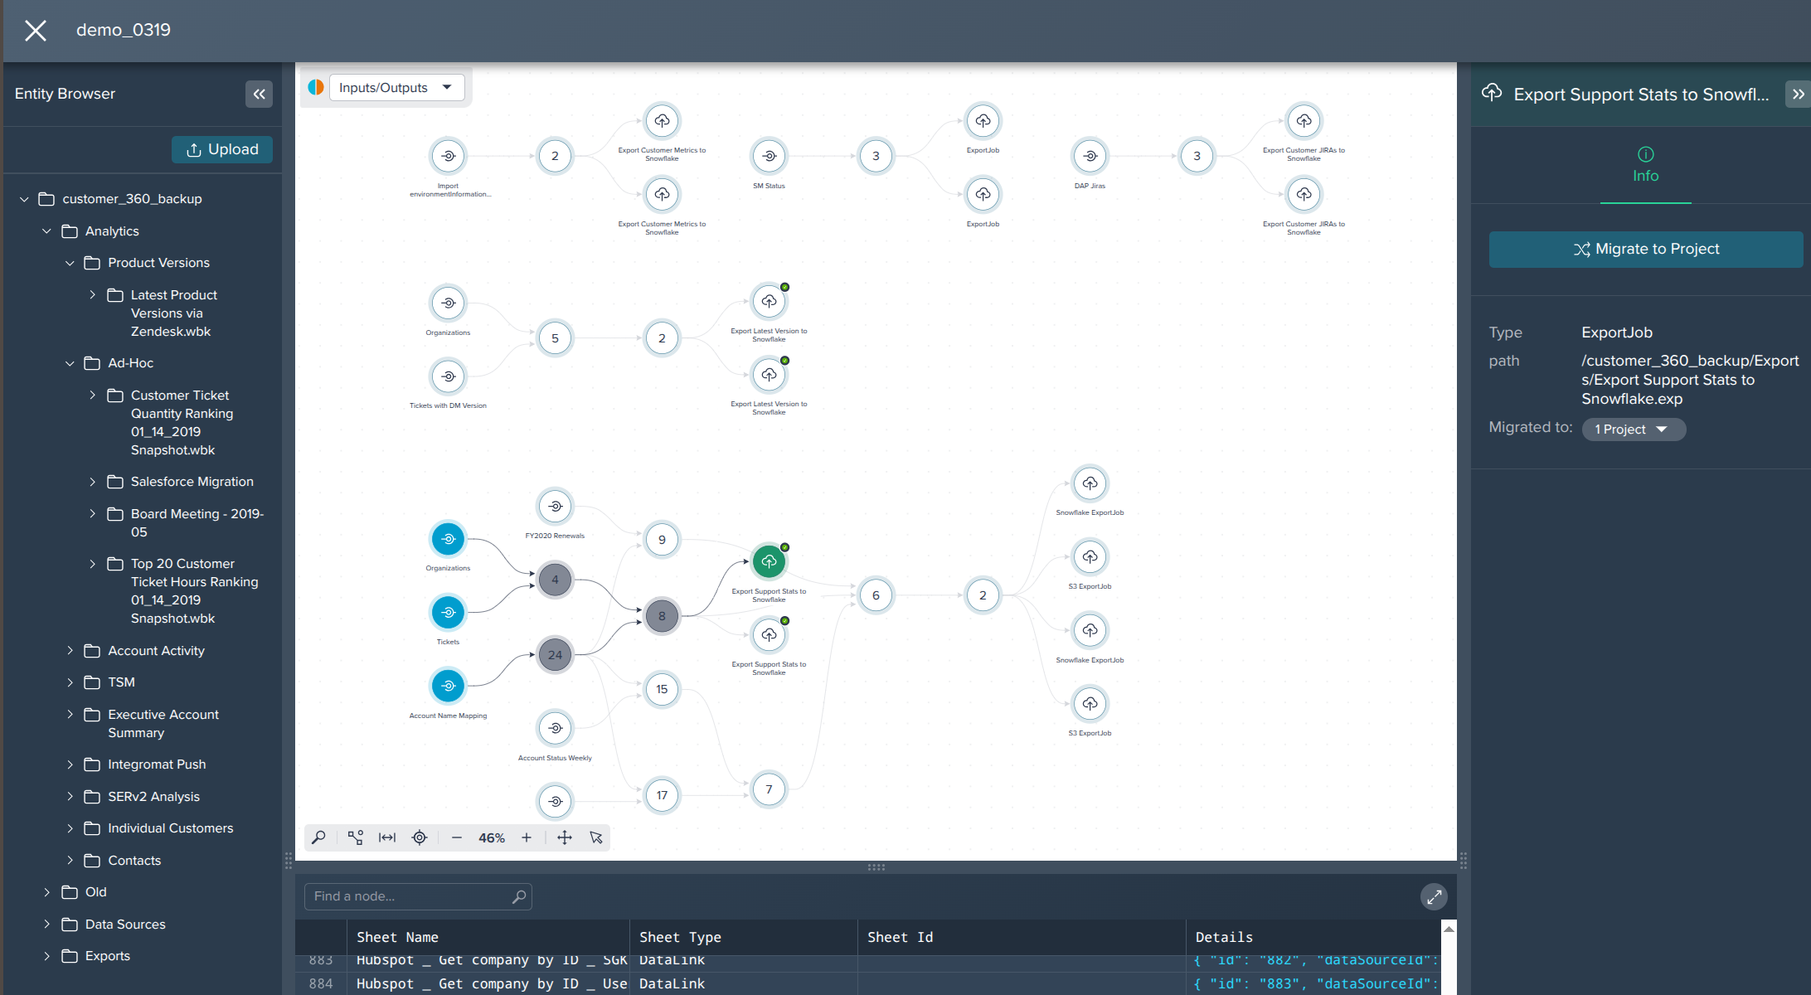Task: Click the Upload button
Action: pos(221,149)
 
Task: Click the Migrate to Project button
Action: pos(1645,249)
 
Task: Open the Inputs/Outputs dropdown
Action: pos(396,87)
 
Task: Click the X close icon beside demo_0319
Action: pos(36,31)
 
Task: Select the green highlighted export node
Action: pos(769,561)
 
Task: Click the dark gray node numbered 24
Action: pos(555,655)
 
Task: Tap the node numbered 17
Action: pos(662,795)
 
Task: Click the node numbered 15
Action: pos(662,689)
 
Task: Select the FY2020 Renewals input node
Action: pos(555,506)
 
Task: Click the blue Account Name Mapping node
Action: pos(448,686)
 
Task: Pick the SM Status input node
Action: pos(769,156)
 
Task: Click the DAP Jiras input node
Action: pos(1090,156)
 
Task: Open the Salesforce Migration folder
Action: pos(192,482)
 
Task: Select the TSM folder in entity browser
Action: pos(121,682)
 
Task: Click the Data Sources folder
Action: pos(125,925)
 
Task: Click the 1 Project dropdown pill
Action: pos(1632,430)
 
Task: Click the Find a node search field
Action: pos(410,896)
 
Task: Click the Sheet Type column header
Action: pos(680,937)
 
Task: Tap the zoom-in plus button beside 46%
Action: pos(527,838)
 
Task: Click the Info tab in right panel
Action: pos(1645,165)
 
